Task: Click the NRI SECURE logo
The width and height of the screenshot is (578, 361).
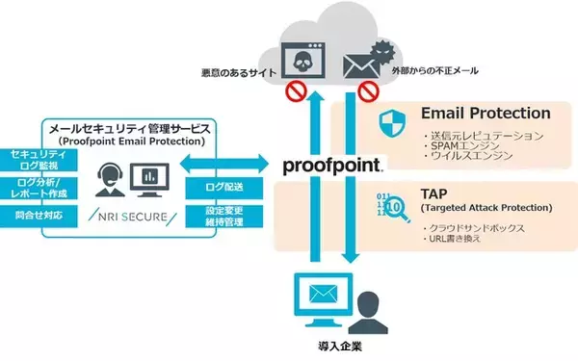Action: [124, 218]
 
